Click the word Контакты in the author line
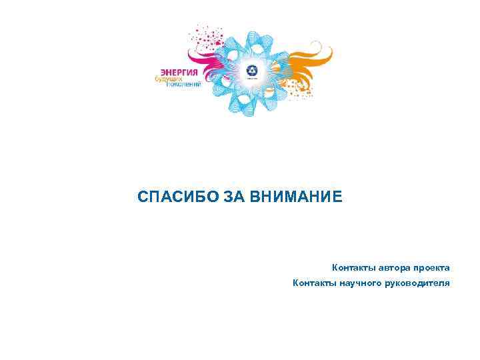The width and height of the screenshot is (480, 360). coord(354,267)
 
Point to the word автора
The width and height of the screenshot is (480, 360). coord(396,267)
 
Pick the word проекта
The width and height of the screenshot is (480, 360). coord(433,267)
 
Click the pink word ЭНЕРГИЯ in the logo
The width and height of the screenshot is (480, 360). coord(180,71)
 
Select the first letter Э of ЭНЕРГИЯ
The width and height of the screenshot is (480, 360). coord(163,71)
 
